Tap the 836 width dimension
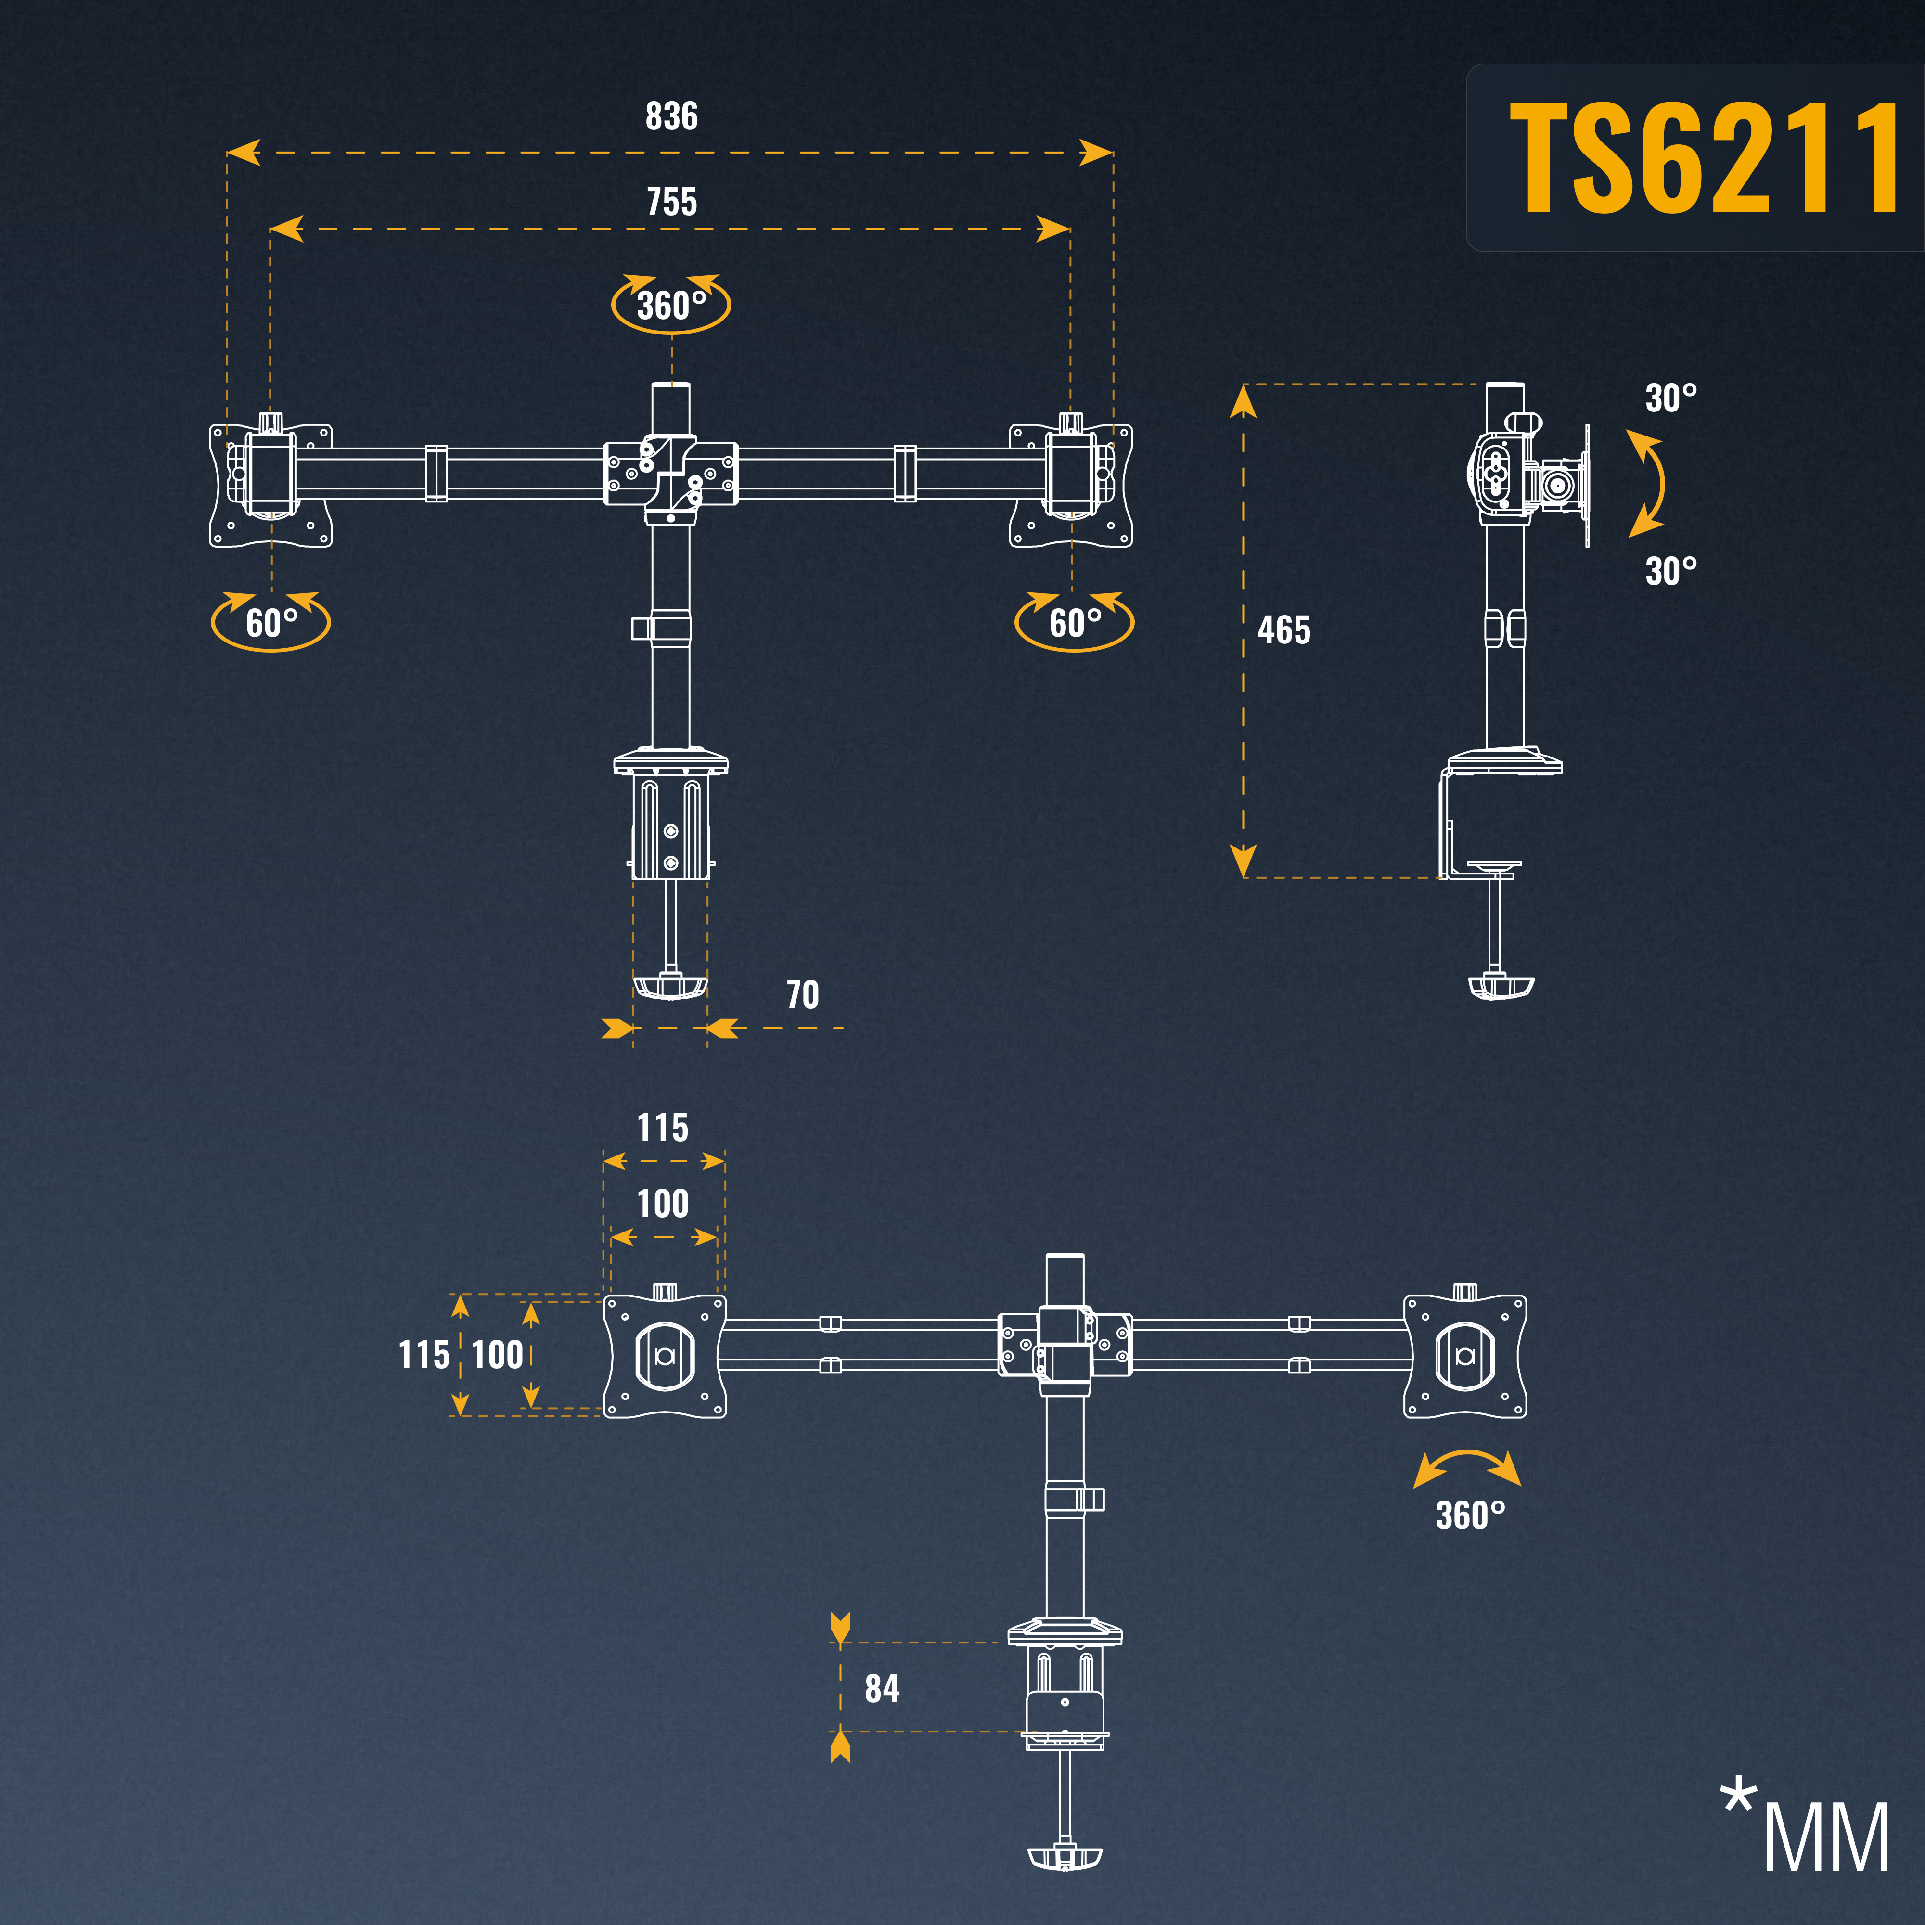click(x=671, y=116)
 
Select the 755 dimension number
click(x=671, y=202)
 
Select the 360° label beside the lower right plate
click(x=1470, y=1515)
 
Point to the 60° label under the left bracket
click(x=271, y=624)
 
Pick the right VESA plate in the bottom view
click(x=1464, y=1355)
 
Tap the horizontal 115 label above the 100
click(x=663, y=1128)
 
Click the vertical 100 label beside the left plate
click(x=497, y=1355)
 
